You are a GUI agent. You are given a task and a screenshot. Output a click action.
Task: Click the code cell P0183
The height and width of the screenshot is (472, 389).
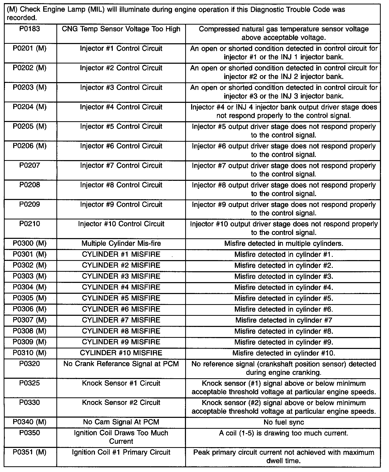tap(30, 29)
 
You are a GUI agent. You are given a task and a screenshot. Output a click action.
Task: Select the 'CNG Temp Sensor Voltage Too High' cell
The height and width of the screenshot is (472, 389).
tap(121, 29)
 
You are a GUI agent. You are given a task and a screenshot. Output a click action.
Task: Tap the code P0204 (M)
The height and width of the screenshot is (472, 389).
tap(30, 107)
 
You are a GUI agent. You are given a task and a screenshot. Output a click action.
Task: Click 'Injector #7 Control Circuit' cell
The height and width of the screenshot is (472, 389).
tap(121, 166)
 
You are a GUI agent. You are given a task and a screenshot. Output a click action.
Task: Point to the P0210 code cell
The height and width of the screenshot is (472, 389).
tap(30, 224)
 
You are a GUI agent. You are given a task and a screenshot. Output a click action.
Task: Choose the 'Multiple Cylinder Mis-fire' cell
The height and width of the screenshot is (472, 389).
tap(121, 244)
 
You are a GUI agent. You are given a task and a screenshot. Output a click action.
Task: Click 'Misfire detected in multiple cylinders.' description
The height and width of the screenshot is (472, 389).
tap(284, 244)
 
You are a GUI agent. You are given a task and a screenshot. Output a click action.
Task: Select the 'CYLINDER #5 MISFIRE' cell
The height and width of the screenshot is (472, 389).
tap(121, 298)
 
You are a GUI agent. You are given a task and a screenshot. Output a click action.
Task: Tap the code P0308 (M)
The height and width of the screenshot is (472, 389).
tap(30, 331)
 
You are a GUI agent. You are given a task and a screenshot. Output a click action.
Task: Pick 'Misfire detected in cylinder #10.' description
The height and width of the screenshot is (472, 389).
tap(284, 353)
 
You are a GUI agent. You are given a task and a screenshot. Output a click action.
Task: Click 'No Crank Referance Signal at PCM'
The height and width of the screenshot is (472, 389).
tap(121, 364)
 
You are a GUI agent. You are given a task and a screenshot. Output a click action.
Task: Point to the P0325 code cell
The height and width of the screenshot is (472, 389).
tap(30, 383)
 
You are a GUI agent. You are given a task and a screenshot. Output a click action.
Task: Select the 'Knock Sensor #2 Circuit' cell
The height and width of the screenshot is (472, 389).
tap(121, 403)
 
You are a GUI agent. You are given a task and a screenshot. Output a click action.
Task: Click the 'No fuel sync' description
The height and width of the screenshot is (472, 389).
tap(284, 422)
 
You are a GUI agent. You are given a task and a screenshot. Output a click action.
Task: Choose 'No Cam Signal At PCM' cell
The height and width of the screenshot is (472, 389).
tap(121, 422)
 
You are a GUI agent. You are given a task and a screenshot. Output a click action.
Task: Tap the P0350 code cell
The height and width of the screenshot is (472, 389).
tap(30, 433)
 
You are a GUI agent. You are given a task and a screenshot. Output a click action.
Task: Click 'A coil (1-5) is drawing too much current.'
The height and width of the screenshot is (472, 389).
tap(284, 433)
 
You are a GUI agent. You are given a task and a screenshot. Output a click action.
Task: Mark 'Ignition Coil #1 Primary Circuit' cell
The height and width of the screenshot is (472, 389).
tap(121, 452)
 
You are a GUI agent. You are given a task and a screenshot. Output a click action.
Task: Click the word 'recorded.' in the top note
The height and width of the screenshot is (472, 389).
tap(21, 18)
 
